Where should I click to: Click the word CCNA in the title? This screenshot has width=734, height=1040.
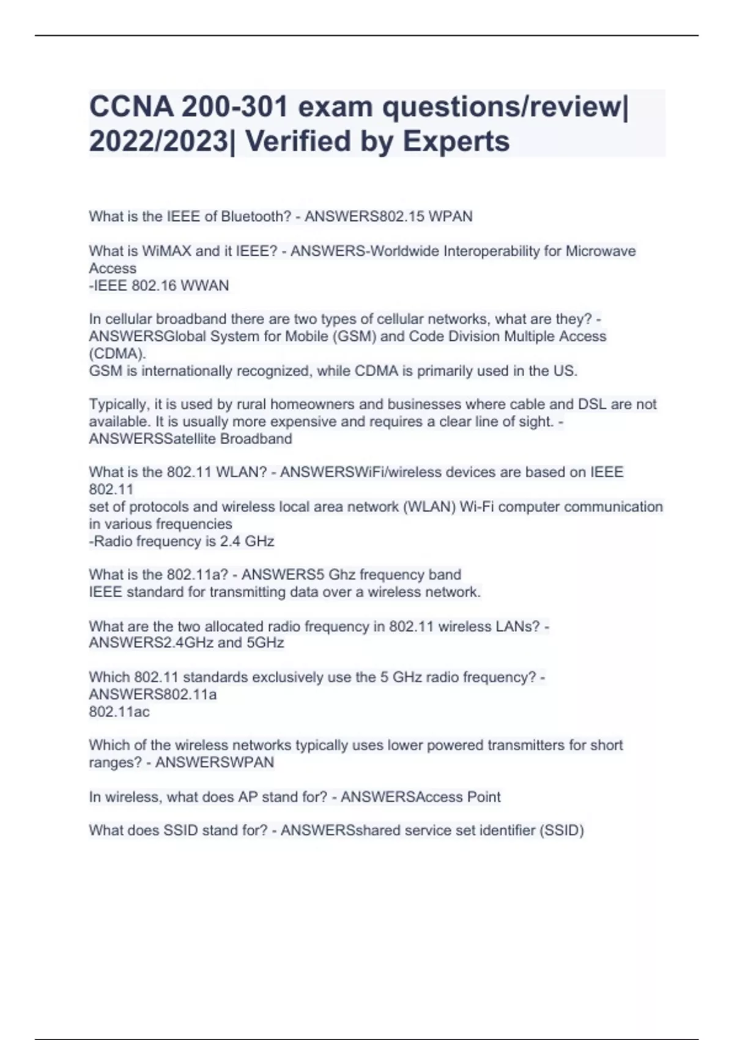130,107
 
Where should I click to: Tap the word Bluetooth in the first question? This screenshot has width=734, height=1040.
256,217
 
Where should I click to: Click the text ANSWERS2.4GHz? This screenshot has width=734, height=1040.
150,643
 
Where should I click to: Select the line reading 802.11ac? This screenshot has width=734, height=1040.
119,712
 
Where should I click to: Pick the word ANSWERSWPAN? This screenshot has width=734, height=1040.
215,763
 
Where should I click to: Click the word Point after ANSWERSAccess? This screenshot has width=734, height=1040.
484,797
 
